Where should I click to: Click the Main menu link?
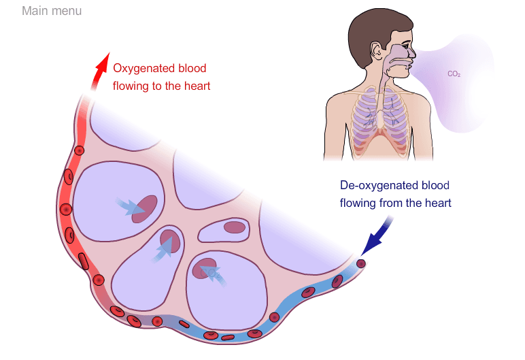coord(52,12)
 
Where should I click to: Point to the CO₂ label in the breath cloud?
coord(454,73)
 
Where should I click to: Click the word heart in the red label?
coord(197,86)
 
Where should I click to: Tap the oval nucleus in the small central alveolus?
coord(235,227)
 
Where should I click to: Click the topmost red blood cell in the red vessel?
coord(79,150)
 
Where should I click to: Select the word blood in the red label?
coord(191,69)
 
